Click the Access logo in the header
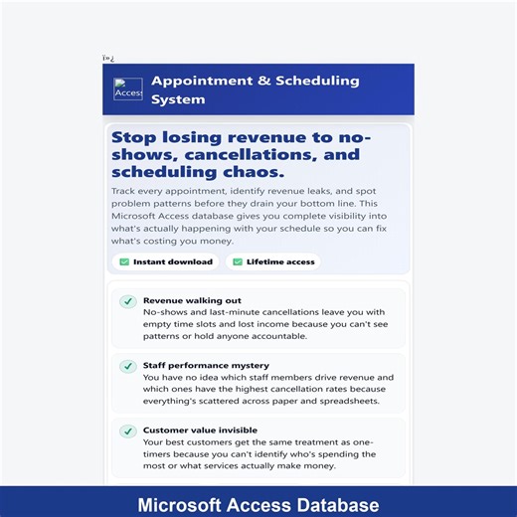(128, 89)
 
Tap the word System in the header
(178, 99)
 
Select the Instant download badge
(165, 262)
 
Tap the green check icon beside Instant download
(124, 262)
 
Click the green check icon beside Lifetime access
(237, 262)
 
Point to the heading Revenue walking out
(192, 300)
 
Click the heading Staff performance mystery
(206, 365)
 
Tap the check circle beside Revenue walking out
(127, 301)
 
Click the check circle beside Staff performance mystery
(127, 366)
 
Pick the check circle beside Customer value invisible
(127, 431)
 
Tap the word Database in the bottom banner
(332, 503)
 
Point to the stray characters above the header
(108, 59)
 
